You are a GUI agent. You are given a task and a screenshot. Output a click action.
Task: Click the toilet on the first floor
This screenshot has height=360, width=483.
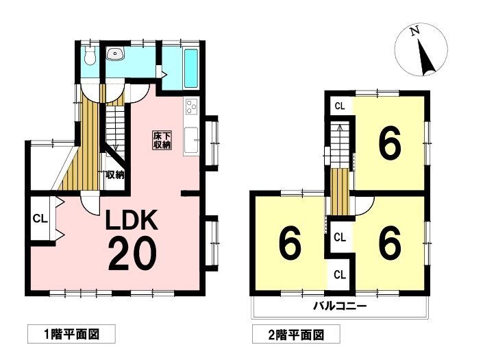(90, 56)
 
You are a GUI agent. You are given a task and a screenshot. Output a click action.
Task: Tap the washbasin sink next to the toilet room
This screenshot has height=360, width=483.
(116, 54)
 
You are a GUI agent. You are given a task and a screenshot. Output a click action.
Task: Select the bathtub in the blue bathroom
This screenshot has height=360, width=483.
(190, 69)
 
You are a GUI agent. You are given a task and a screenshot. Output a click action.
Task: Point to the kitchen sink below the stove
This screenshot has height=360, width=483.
(191, 141)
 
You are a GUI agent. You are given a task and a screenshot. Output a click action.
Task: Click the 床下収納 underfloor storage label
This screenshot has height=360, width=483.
(162, 141)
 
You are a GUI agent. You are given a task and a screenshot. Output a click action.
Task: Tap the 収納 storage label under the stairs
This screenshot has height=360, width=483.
(115, 175)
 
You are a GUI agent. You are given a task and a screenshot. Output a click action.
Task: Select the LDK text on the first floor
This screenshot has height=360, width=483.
(132, 219)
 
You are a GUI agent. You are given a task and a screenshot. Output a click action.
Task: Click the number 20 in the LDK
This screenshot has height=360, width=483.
(132, 254)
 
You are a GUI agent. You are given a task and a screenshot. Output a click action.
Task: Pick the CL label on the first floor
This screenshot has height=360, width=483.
(40, 219)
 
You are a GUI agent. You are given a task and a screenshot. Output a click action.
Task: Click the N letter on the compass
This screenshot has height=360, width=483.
(414, 31)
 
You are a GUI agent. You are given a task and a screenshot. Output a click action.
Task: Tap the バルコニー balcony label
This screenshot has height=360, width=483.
(340, 306)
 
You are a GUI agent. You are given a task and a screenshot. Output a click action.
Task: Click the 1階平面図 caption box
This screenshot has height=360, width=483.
(71, 334)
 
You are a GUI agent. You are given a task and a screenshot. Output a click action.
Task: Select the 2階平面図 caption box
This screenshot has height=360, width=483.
(296, 334)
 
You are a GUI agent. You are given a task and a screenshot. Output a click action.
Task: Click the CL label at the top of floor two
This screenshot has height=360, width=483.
(340, 106)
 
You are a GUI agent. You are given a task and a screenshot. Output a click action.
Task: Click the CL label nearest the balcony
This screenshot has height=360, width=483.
(340, 274)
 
